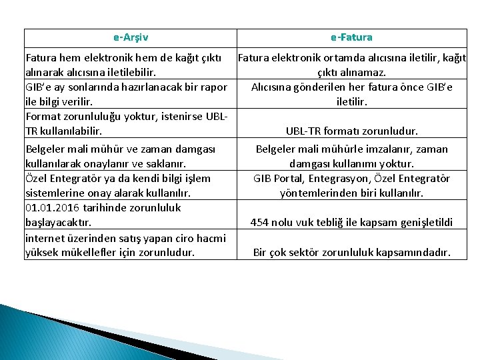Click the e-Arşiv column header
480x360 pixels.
(x=131, y=37)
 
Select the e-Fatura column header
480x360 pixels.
(x=351, y=37)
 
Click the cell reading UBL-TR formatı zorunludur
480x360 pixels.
(x=351, y=131)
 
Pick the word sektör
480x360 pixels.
(x=301, y=253)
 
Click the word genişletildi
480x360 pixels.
(x=423, y=222)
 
